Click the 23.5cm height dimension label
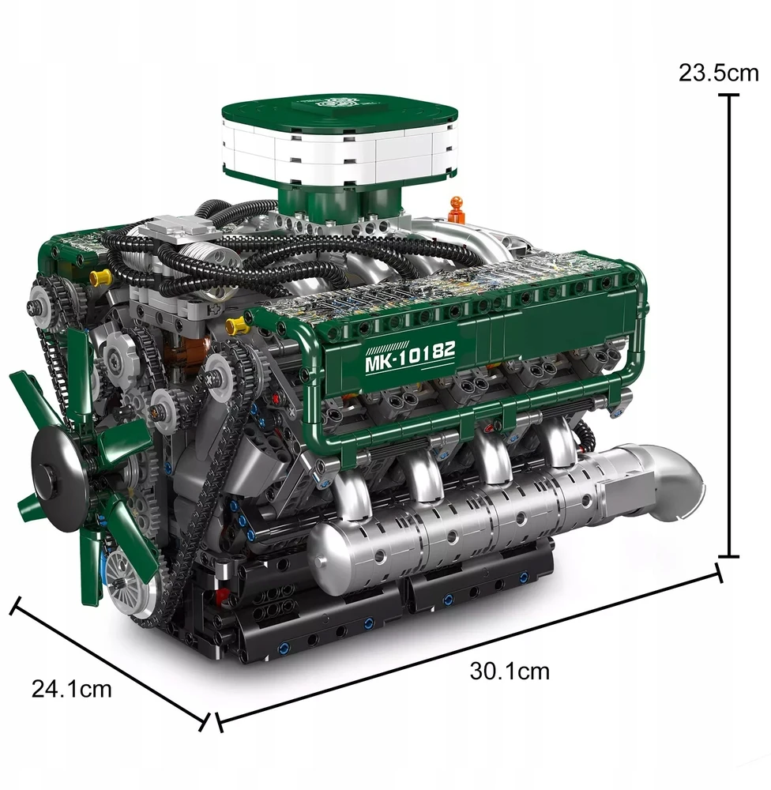pyautogui.click(x=718, y=73)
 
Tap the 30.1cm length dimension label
pyautogui.click(x=510, y=671)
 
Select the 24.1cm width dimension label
pyautogui.click(x=72, y=689)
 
